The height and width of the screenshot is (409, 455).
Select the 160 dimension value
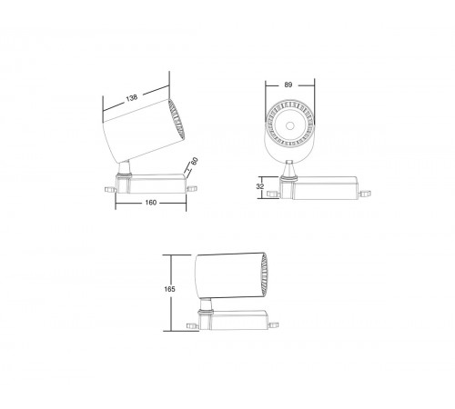coord(151,203)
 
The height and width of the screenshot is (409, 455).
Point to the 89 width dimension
coord(290,85)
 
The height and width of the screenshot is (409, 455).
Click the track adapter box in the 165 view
coord(241,318)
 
